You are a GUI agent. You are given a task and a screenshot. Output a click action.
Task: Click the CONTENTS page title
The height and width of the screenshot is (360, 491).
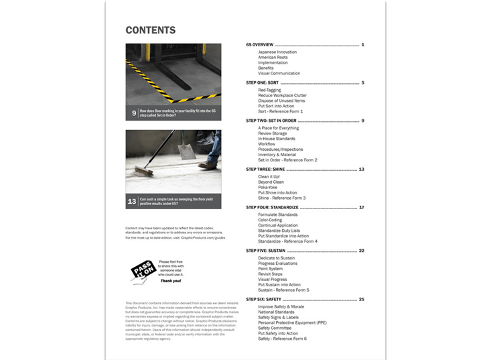tap(151, 30)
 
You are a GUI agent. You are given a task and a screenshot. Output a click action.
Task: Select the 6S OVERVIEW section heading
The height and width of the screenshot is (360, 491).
tap(260, 45)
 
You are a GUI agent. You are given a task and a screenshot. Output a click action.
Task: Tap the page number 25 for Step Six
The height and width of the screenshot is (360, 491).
tap(362, 299)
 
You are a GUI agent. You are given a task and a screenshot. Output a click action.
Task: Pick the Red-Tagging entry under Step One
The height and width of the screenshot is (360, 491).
tap(272, 89)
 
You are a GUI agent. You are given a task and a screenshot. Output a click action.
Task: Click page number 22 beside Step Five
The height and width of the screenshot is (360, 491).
tap(362, 250)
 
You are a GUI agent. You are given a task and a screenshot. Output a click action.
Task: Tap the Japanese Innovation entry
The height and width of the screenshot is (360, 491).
tap(277, 52)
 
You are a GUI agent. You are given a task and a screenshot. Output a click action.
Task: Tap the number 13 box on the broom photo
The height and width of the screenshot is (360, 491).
tap(132, 200)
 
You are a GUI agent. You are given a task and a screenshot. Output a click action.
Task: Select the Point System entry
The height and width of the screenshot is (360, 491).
tap(271, 268)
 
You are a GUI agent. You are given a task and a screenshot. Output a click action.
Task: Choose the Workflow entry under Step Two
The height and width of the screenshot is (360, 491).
tap(267, 144)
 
